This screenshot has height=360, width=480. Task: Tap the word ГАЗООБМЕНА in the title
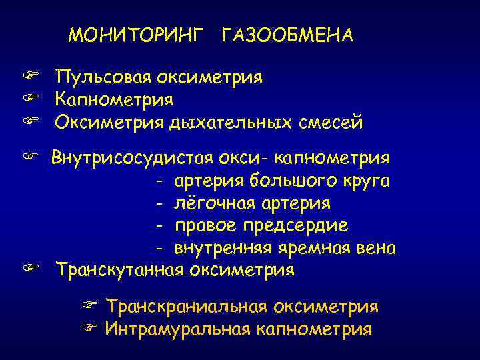point(286,35)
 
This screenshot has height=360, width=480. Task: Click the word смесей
point(327,123)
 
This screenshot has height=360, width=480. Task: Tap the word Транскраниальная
point(186,307)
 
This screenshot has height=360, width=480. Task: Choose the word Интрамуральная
point(177,329)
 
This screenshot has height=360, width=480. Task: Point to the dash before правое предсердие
point(160,226)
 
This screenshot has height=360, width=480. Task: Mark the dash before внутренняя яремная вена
point(160,249)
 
